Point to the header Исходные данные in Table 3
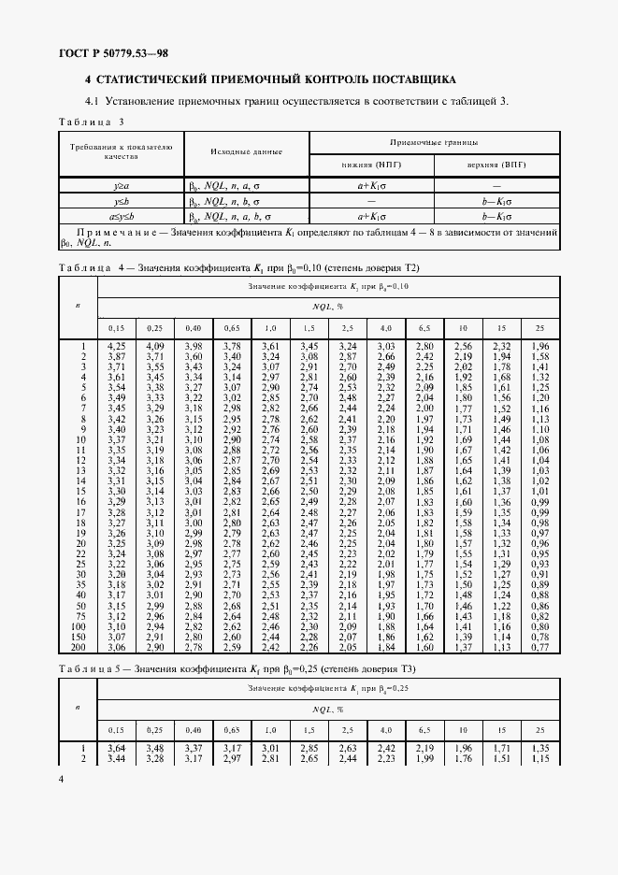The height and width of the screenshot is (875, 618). click(246, 150)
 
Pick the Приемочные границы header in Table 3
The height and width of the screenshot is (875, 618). click(434, 142)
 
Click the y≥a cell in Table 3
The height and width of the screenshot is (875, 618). click(121, 187)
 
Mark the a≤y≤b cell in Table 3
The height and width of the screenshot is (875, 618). click(121, 215)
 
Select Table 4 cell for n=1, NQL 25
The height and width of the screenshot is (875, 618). click(539, 346)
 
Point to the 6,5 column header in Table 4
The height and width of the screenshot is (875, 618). click(424, 327)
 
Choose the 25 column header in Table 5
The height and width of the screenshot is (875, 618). click(539, 728)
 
